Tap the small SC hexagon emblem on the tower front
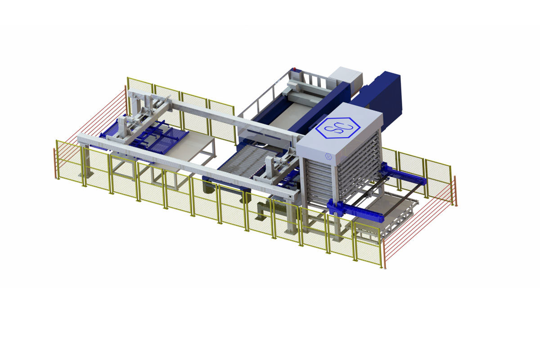point(328,156)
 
